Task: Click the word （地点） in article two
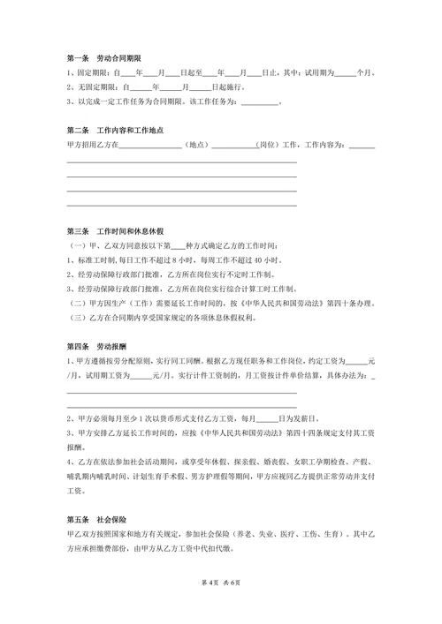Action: pyautogui.click(x=196, y=145)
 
